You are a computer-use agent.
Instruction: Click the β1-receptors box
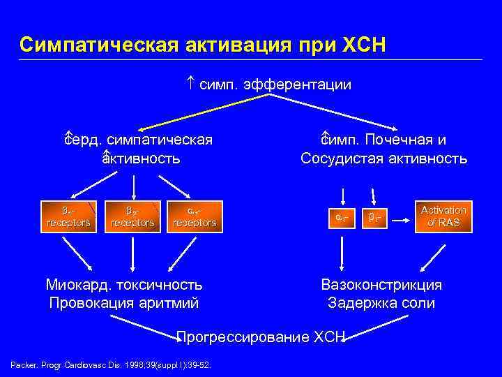pyautogui.click(x=68, y=216)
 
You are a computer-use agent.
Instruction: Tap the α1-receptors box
pyautogui.click(x=195, y=216)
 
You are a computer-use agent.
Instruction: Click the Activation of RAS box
pyautogui.click(x=443, y=216)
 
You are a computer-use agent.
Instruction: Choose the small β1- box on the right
pyautogui.click(x=377, y=219)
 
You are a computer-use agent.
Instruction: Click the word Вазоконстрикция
pyautogui.click(x=381, y=285)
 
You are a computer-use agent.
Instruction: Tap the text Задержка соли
pyautogui.click(x=381, y=304)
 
